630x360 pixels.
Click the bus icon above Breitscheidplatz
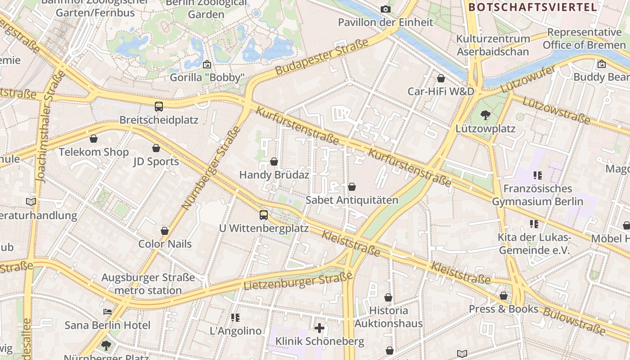coord(159,107)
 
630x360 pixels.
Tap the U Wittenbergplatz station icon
coord(264,215)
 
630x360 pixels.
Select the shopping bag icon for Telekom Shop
coord(94,139)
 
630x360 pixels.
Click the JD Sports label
coord(156,162)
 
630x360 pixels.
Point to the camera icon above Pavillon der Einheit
coord(385,9)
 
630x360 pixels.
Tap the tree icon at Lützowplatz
coord(485,115)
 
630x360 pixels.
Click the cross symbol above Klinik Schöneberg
coord(319,328)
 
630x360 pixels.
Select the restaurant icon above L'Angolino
coord(235,318)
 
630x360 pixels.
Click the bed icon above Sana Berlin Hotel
coord(107,311)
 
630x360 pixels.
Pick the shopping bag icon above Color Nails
coord(165,231)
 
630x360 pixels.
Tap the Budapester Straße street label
coord(322,57)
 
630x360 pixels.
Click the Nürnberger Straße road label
coord(211,169)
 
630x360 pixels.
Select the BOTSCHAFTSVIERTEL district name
coord(532,7)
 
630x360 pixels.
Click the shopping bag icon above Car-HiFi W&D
coord(441,78)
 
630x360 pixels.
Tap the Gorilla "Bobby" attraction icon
coord(207,64)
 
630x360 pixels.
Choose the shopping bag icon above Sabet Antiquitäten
coord(352,187)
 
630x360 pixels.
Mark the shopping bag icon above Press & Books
coord(504,296)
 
